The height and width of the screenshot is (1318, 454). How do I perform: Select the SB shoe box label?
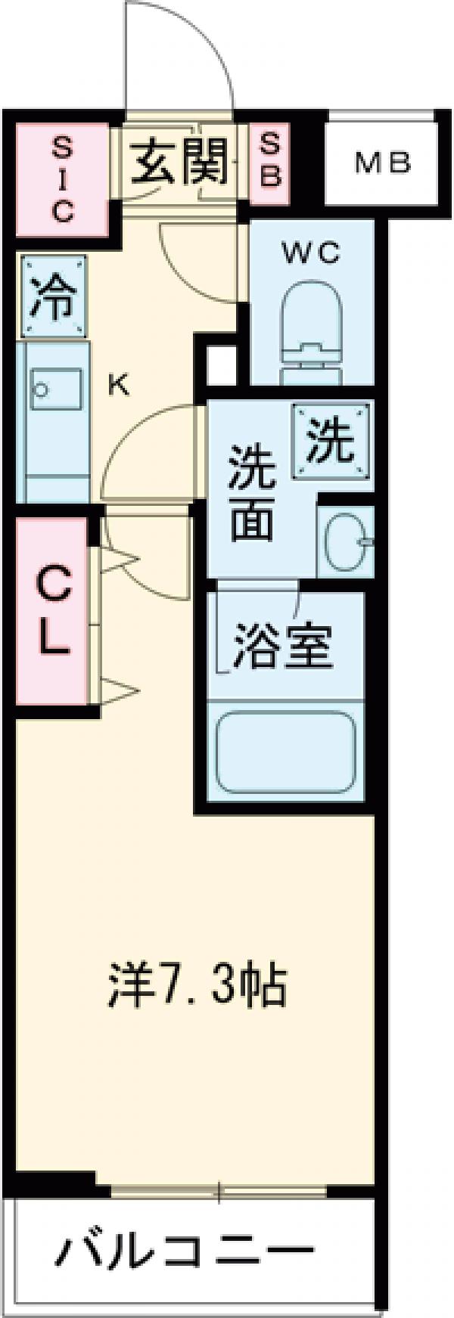(271, 160)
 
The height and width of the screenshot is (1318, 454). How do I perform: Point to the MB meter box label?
(383, 162)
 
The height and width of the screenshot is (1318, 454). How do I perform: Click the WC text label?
(311, 255)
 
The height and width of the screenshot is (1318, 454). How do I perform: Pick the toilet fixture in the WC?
(312, 326)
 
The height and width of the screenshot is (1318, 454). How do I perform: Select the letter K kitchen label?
(119, 386)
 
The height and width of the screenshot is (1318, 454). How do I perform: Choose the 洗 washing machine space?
(334, 443)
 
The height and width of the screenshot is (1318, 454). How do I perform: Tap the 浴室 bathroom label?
(281, 645)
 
